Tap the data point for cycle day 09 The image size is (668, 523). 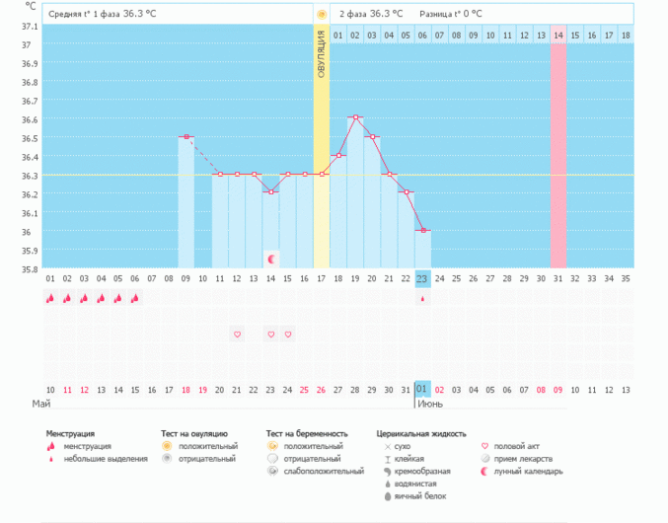pyautogui.click(x=186, y=136)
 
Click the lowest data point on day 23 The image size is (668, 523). pyautogui.click(x=422, y=230)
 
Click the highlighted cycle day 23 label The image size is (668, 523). pyautogui.click(x=422, y=278)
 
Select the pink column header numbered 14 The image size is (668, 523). pyautogui.click(x=557, y=36)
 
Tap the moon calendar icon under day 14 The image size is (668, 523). pyautogui.click(x=270, y=259)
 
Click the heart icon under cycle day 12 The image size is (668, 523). pyautogui.click(x=237, y=335)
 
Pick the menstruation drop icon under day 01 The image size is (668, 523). pyautogui.click(x=50, y=298)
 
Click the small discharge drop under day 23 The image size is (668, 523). pyautogui.click(x=422, y=298)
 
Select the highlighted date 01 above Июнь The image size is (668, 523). pyautogui.click(x=422, y=390)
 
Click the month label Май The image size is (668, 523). pyautogui.click(x=41, y=405)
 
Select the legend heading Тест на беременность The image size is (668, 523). pyautogui.click(x=307, y=433)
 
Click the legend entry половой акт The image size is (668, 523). pyautogui.click(x=516, y=446)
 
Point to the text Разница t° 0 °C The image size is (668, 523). pyautogui.click(x=451, y=14)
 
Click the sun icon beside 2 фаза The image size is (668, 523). pyautogui.click(x=322, y=14)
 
